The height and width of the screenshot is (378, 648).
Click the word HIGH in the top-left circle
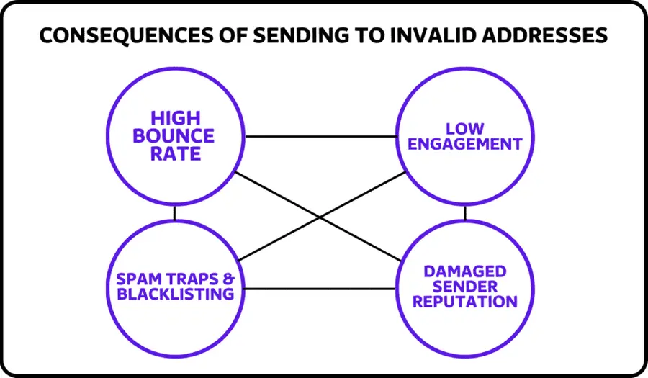(176, 118)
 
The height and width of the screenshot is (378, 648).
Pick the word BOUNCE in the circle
(176, 135)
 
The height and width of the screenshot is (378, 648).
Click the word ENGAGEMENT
(464, 144)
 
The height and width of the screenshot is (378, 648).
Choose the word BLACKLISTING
(176, 294)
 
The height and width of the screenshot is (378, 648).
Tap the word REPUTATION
(464, 302)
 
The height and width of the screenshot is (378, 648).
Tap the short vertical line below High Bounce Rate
(175, 213)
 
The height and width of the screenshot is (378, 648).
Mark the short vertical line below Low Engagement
(465, 213)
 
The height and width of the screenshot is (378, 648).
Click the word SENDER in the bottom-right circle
(464, 287)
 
